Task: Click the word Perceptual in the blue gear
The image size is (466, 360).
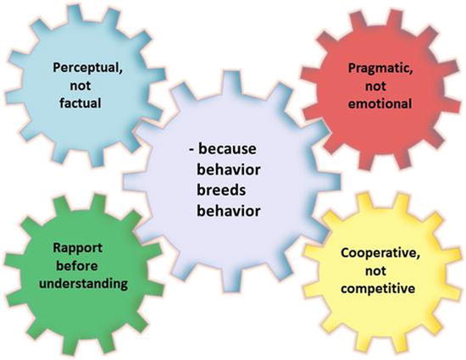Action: point(86,68)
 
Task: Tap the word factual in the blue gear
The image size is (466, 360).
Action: point(80,103)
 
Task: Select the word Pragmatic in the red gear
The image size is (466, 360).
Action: point(379,69)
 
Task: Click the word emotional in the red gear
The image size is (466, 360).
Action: point(380,104)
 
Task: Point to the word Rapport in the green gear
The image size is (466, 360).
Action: point(78,248)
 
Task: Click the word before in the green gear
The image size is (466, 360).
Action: point(77,266)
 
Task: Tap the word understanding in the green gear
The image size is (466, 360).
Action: point(84,284)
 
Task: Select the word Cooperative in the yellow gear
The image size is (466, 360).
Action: point(379,253)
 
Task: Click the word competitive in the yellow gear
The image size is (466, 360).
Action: point(378,289)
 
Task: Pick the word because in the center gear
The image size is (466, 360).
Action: point(227,148)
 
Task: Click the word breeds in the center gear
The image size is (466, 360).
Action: point(221,190)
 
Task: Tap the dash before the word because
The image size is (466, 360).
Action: point(191,149)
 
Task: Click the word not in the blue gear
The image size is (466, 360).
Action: point(80,86)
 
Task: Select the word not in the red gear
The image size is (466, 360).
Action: point(375,86)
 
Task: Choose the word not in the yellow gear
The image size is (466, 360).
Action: point(375,271)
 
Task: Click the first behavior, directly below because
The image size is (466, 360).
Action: point(229,170)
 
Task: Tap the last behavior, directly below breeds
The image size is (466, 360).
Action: point(229,211)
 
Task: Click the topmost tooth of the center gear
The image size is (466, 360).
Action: point(232,81)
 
